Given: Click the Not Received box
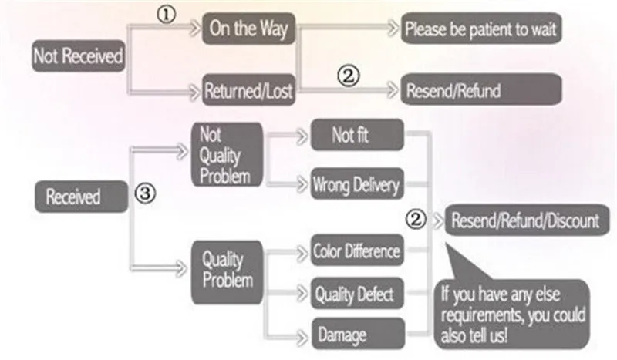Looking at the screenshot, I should tap(78, 57).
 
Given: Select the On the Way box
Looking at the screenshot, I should tap(248, 29).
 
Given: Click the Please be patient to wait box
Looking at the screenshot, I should tap(481, 31).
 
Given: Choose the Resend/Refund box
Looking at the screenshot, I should tap(481, 90).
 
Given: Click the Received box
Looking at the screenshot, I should tap(73, 196).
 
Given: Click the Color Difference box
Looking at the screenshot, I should tap(356, 251).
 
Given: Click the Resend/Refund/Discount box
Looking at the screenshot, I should tap(524, 220).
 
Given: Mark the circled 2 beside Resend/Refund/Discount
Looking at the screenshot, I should tap(416, 220).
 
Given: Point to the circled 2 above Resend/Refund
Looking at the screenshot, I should tap(349, 76).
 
